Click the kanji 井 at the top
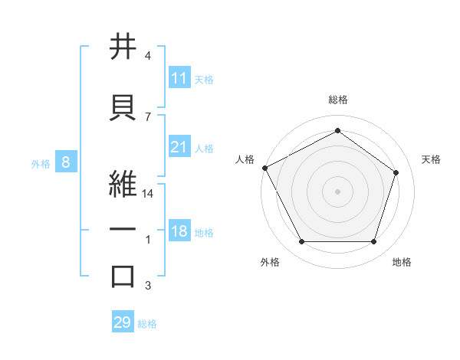(x=123, y=47)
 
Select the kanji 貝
(x=123, y=105)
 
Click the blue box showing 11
(x=179, y=78)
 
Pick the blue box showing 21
(x=179, y=148)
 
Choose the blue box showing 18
(x=179, y=232)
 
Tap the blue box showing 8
(x=66, y=162)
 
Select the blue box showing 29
(x=123, y=322)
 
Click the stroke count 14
(x=148, y=194)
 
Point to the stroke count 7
(x=148, y=116)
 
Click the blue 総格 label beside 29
(x=148, y=324)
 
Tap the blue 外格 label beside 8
(x=41, y=163)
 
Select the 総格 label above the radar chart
(x=337, y=100)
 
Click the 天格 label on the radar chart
(x=431, y=159)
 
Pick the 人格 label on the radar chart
(x=245, y=159)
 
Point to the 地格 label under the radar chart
(x=402, y=262)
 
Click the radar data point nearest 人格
(x=264, y=167)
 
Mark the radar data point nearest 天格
(x=396, y=172)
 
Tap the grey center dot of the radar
(x=337, y=191)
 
